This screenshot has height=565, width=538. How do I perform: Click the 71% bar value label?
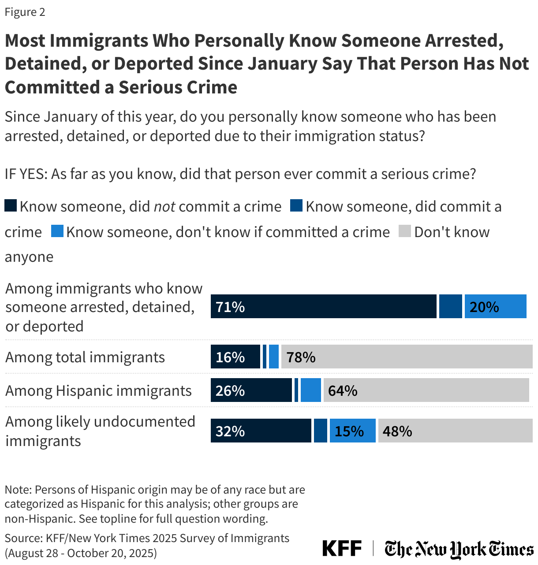pos(230,307)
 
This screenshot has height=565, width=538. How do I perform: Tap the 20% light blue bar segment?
pos(495,307)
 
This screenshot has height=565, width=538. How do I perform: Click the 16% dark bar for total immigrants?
pos(235,357)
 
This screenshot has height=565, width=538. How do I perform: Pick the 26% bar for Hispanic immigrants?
pos(251,390)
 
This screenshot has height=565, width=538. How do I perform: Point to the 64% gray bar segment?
pos(426,390)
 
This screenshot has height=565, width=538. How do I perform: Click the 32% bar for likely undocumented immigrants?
pos(261,431)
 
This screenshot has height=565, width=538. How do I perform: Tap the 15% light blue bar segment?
pos(353,431)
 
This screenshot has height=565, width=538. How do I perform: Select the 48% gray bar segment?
pos(455,431)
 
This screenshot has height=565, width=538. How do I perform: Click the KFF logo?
pos(342,549)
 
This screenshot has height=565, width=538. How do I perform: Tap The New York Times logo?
pos(459,549)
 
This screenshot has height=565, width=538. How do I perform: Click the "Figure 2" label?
pos(25,12)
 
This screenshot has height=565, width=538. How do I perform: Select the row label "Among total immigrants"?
pos(85,357)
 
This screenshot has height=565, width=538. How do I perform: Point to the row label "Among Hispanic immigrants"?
pos(98,390)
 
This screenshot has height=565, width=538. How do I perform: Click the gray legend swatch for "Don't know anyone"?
pos(405,231)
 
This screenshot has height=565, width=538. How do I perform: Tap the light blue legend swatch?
pos(57,231)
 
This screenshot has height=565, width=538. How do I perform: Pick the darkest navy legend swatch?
pos(11,206)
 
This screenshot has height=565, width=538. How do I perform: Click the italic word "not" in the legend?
pos(164,206)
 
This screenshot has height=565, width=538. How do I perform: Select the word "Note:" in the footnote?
pos(18,490)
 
